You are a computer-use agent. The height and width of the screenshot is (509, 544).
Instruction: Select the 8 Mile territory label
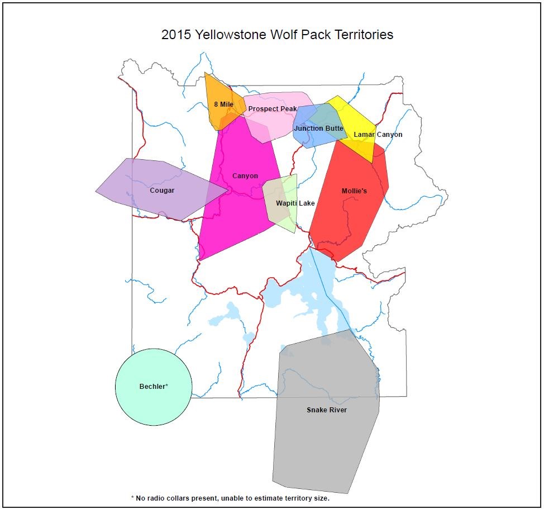pyautogui.click(x=223, y=104)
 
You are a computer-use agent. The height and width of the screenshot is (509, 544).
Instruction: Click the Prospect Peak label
pyautogui.click(x=273, y=108)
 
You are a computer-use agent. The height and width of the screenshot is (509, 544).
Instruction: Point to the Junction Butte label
pyautogui.click(x=318, y=129)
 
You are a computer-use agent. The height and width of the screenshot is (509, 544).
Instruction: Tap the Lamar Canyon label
pyautogui.click(x=378, y=135)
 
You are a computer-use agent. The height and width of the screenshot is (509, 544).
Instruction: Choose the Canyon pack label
pyautogui.click(x=245, y=176)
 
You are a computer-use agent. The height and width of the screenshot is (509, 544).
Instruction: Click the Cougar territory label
pyautogui.click(x=162, y=191)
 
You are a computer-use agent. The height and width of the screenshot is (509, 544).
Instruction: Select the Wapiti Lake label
pyautogui.click(x=295, y=203)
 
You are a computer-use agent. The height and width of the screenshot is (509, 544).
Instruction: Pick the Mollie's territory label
pyautogui.click(x=354, y=191)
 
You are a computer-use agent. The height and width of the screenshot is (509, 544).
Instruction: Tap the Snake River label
pyautogui.click(x=326, y=410)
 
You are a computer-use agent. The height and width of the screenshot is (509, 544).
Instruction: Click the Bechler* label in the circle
pyautogui.click(x=154, y=387)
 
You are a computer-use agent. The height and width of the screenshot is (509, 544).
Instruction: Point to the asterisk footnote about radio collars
pyautogui.click(x=230, y=497)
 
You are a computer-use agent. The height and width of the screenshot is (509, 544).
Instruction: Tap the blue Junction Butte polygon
pyautogui.click(x=304, y=140)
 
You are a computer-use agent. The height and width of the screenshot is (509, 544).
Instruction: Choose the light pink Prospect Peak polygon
pyautogui.click(x=268, y=126)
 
